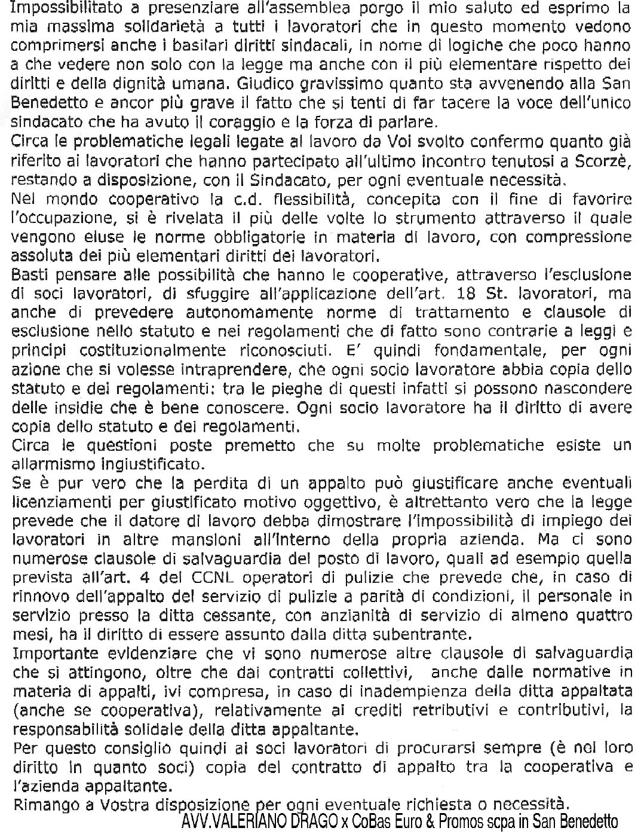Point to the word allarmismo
coord(51,464)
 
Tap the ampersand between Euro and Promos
coord(446,821)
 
